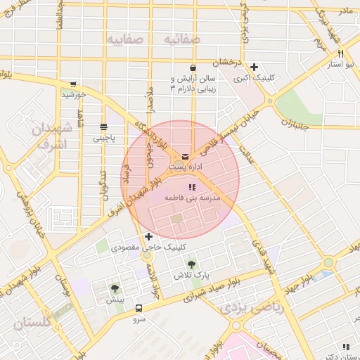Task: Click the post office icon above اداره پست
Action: pyautogui.click(x=185, y=156)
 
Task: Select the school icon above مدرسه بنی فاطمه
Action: pyautogui.click(x=192, y=187)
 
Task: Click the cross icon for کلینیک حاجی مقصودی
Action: pyautogui.click(x=148, y=236)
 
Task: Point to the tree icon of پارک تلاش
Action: pyautogui.click(x=192, y=265)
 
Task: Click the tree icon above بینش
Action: pyautogui.click(x=115, y=288)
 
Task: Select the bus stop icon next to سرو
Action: pyautogui.click(x=139, y=308)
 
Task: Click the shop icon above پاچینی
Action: pyautogui.click(x=104, y=127)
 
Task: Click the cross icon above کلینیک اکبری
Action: pyautogui.click(x=252, y=67)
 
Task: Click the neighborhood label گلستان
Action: pyautogui.click(x=32, y=324)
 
